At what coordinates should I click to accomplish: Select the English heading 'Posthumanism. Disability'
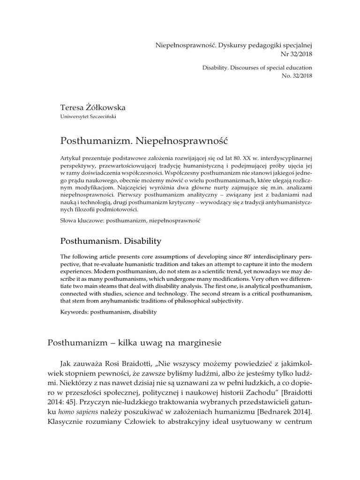coord(111,241)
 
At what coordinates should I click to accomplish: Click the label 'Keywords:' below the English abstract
coord(76,311)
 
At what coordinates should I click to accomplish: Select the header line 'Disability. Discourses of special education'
coord(254,67)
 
